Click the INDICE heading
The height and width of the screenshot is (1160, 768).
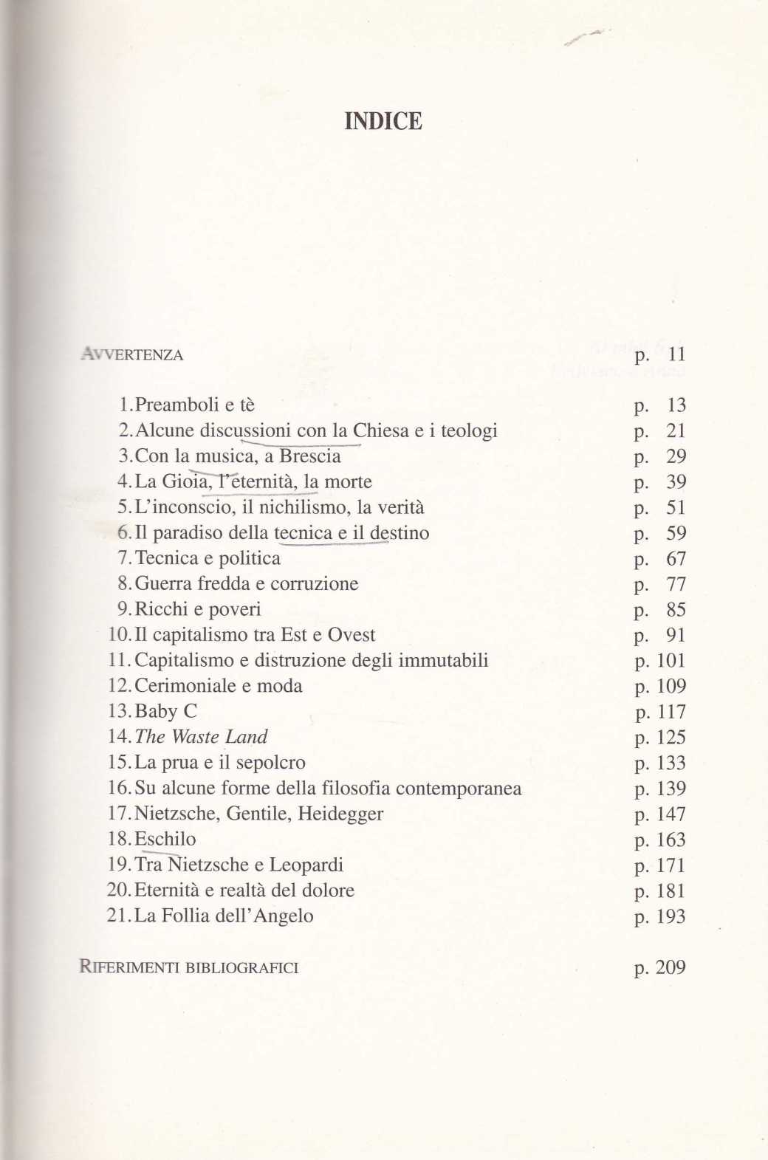383,121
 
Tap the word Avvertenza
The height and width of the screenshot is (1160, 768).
130,354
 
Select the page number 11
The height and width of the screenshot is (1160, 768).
676,354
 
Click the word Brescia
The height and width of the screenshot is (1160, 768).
310,456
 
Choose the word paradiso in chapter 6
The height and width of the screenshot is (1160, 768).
187,533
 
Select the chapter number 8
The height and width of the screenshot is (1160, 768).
123,584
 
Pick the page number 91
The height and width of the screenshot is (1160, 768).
676,635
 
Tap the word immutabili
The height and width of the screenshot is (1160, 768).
443,660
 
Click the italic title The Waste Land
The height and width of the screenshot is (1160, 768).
202,737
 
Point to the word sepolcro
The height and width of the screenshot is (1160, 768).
267,763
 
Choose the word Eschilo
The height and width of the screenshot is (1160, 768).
165,840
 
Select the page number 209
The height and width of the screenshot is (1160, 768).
671,967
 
